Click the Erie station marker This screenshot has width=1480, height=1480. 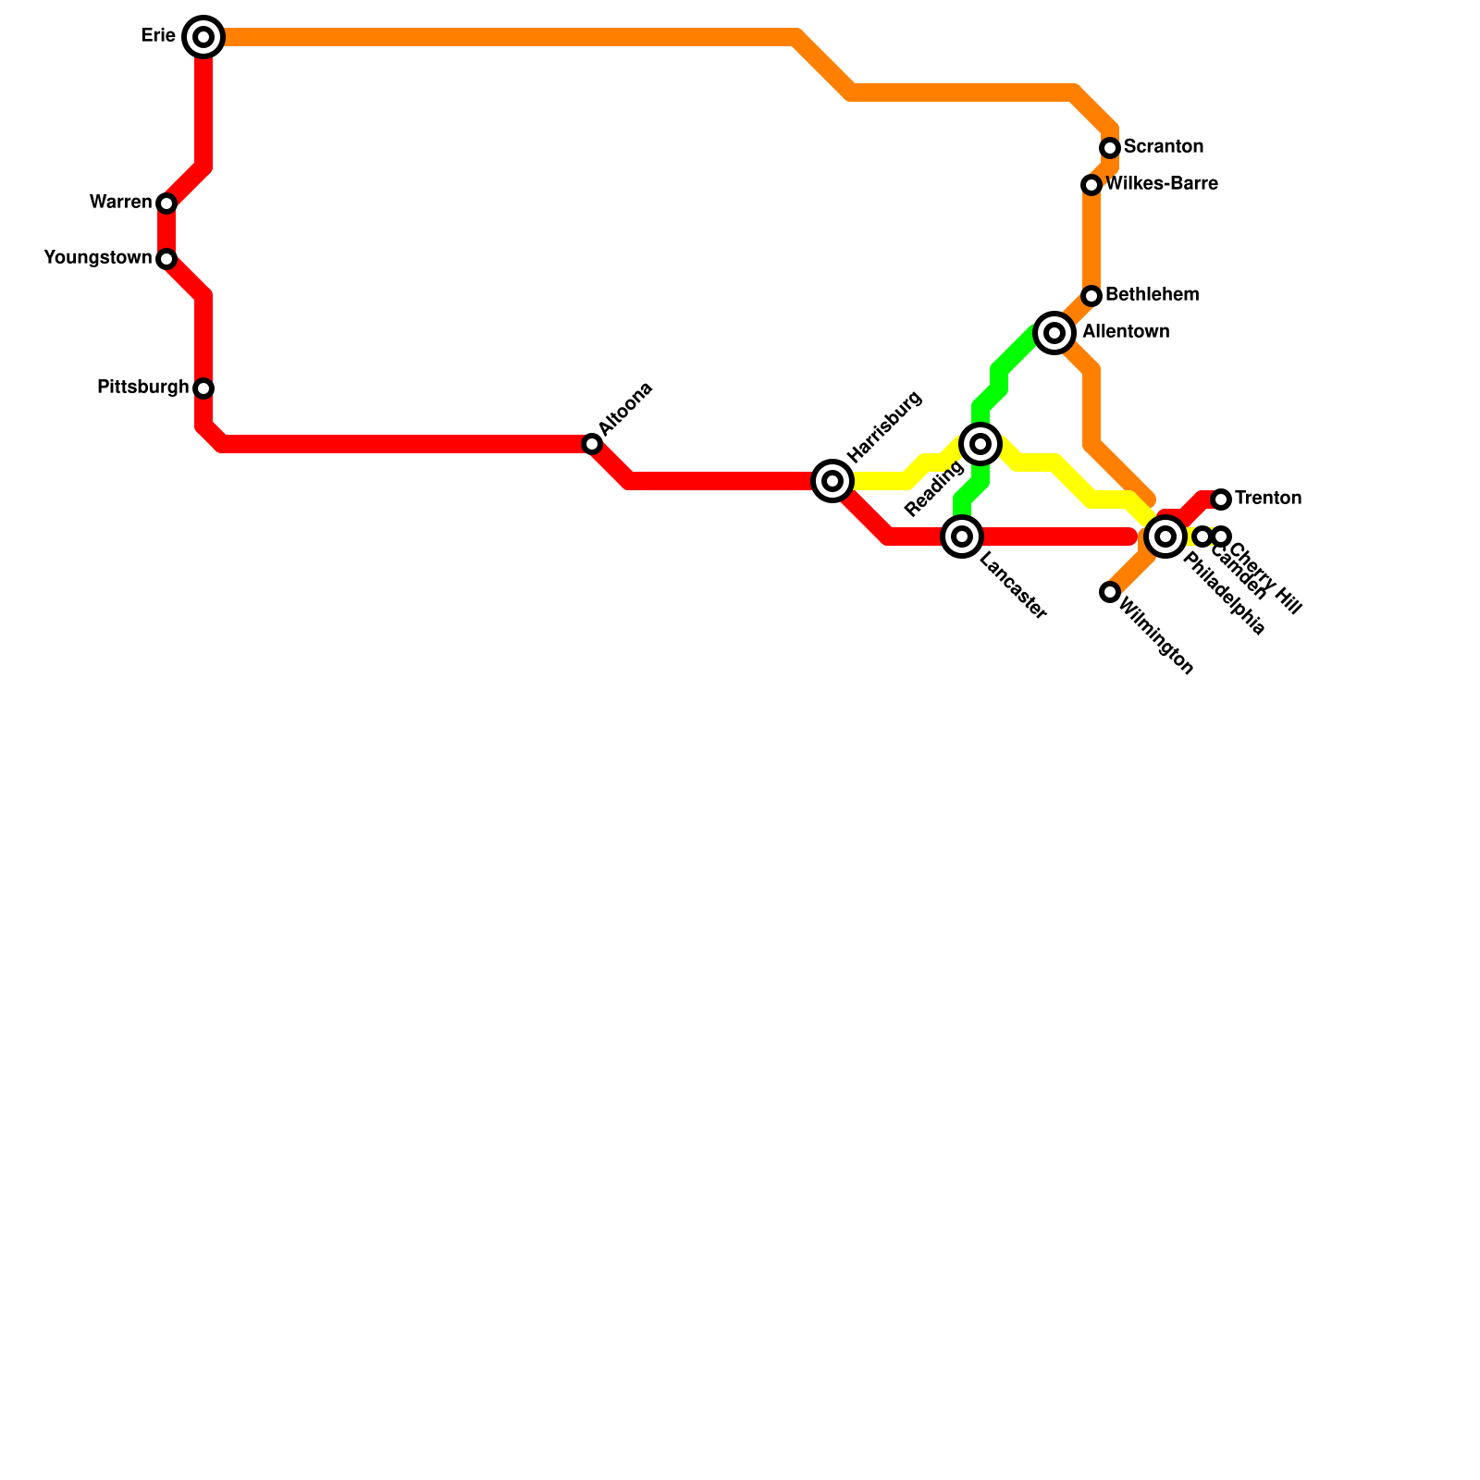[x=203, y=37]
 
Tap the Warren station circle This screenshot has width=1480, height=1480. [x=166, y=203]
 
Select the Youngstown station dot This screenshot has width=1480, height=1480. [x=166, y=258]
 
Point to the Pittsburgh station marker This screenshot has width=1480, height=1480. [x=203, y=388]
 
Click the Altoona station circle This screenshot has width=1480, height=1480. [x=592, y=444]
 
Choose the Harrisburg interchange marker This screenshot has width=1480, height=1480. [x=832, y=480]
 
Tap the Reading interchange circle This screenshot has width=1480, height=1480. [x=980, y=444]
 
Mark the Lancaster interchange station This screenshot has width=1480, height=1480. [x=962, y=536]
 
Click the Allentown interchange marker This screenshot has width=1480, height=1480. [x=1054, y=332]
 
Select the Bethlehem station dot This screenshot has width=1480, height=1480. [x=1091, y=296]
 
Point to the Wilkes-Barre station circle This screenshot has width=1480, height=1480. [x=1091, y=185]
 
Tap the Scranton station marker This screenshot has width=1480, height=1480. [x=1110, y=148]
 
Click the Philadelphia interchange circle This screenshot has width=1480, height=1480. [x=1165, y=536]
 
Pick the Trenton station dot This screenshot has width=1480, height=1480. [x=1221, y=499]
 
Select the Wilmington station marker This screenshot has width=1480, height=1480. [x=1110, y=591]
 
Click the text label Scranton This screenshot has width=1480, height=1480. [x=1163, y=147]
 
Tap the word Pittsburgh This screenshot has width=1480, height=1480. [x=142, y=388]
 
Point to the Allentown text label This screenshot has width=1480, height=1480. [x=1126, y=332]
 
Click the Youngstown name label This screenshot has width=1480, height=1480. [x=97, y=258]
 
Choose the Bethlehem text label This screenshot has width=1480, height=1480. [x=1152, y=295]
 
